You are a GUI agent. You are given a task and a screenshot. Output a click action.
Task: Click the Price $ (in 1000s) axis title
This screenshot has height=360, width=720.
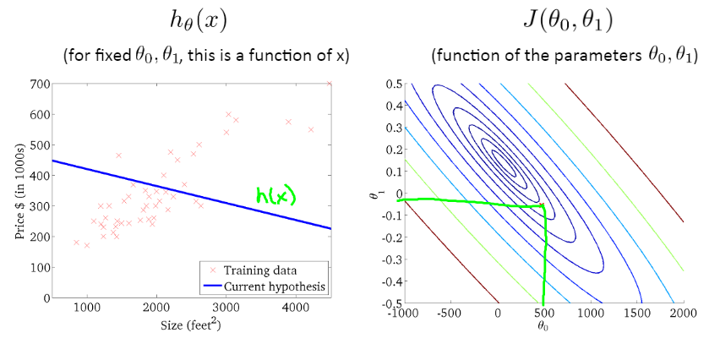coord(19,191)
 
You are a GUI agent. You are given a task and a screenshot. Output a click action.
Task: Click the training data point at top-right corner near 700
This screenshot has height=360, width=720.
coord(330,84)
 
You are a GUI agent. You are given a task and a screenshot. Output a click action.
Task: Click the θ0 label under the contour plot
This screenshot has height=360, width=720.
coord(543,324)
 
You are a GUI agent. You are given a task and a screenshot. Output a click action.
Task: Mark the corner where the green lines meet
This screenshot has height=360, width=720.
coord(543,206)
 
